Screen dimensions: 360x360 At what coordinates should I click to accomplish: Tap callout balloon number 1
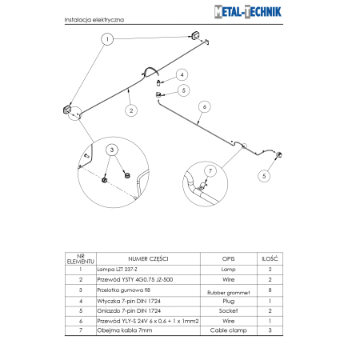pyautogui.click(x=106, y=38)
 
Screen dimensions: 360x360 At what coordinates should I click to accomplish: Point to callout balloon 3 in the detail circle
pyautogui.click(x=113, y=150)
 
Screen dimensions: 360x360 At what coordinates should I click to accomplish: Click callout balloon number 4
pyautogui.click(x=182, y=74)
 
